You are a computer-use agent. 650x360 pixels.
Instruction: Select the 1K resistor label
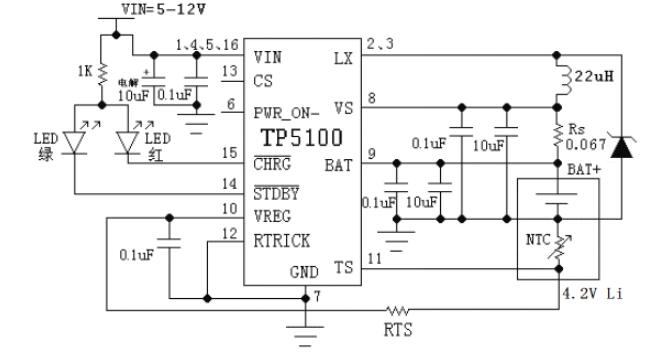pos(86,73)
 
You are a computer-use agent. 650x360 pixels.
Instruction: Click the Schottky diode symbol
pos(623,148)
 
